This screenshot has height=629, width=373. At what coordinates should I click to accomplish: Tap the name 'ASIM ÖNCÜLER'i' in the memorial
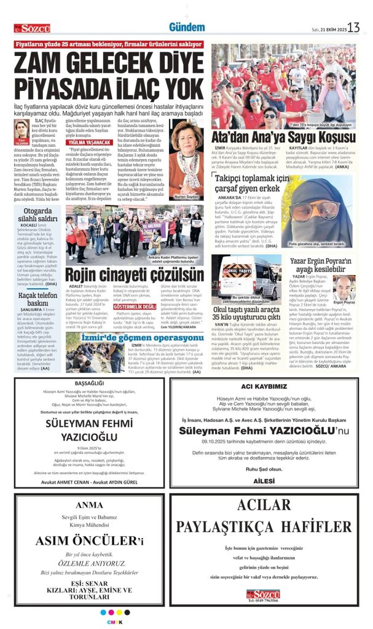pyautogui.click(x=89, y=541)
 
